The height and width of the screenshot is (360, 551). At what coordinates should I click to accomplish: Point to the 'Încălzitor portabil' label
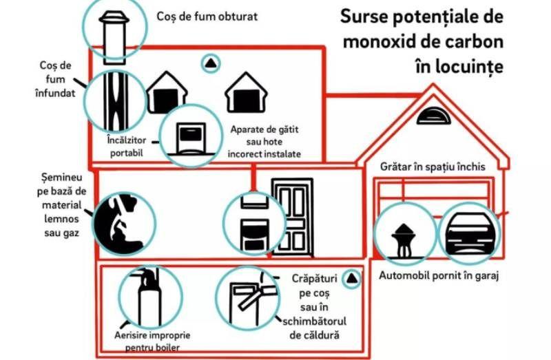[x=125, y=147]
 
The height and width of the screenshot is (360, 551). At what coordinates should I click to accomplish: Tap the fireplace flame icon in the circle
[x=124, y=220]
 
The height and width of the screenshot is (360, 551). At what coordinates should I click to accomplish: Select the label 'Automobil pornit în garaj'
[x=439, y=276]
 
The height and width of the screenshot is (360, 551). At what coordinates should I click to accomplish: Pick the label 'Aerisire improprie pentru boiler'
[x=152, y=341]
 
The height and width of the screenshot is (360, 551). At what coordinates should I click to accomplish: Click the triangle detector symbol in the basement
[x=352, y=278]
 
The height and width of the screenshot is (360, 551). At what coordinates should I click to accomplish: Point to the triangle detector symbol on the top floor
[x=210, y=63]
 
